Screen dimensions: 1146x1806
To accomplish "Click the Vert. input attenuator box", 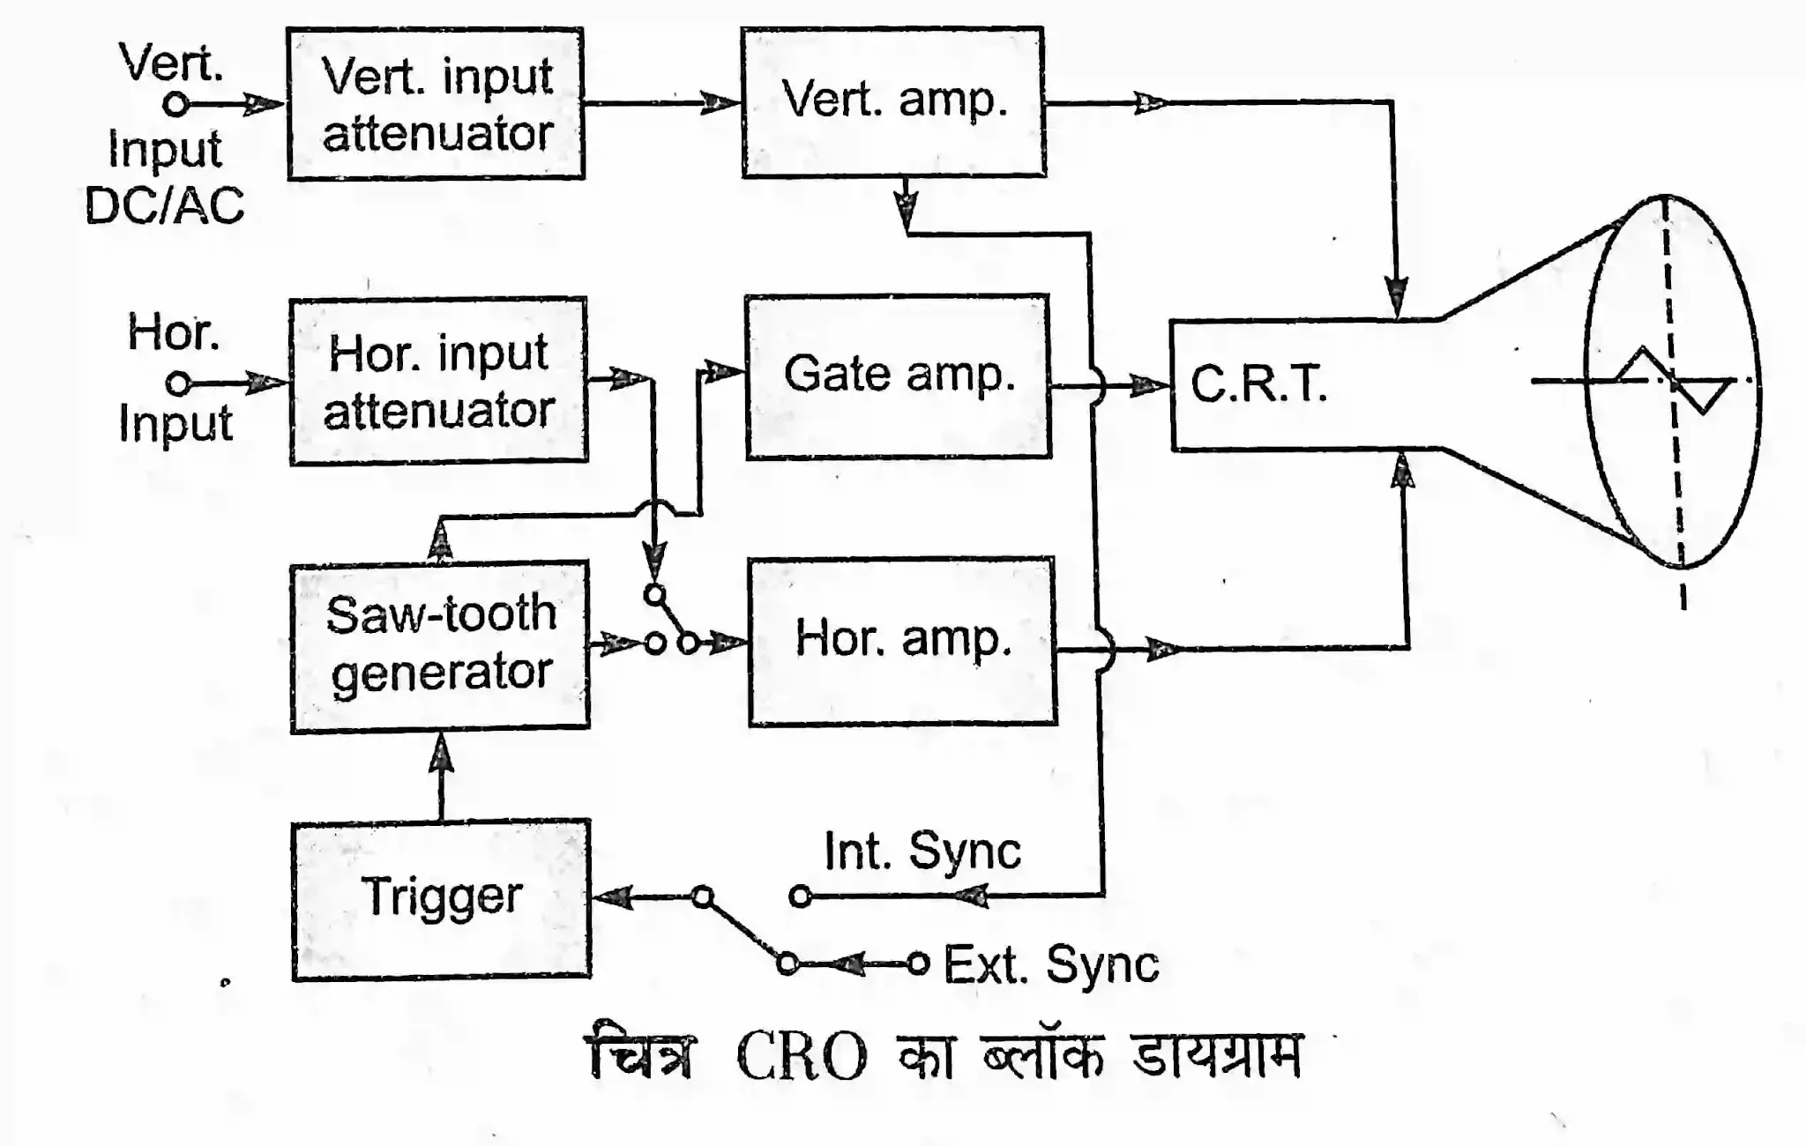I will pyautogui.click(x=436, y=104).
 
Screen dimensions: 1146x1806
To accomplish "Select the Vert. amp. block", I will pyautogui.click(x=893, y=102).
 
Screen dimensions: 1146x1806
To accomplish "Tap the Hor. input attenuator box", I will pyautogui.click(x=438, y=381).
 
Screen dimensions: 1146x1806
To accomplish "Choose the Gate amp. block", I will pyautogui.click(x=898, y=376).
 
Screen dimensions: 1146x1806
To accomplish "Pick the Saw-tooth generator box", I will pyautogui.click(x=440, y=646).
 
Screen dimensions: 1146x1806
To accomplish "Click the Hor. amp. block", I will pyautogui.click(x=902, y=641).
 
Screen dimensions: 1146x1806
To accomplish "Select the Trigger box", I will pyautogui.click(x=441, y=899).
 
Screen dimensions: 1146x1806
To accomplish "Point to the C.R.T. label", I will pyautogui.click(x=1258, y=384).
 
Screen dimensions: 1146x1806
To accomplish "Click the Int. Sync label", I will pyautogui.click(x=922, y=852).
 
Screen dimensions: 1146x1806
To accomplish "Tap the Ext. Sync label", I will pyautogui.click(x=1051, y=964).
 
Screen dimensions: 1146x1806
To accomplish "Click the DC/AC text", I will pyautogui.click(x=164, y=206).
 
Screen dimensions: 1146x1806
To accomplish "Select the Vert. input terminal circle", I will pyautogui.click(x=176, y=104).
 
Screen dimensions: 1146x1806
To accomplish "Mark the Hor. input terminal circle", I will pyautogui.click(x=178, y=383).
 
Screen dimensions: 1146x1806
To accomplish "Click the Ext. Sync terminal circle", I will pyautogui.click(x=918, y=964).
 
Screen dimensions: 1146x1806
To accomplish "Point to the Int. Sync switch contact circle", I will pyautogui.click(x=801, y=897).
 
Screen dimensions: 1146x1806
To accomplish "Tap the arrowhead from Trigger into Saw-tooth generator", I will pyautogui.click(x=441, y=754).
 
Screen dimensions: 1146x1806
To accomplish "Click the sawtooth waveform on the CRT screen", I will pyautogui.click(x=1670, y=381).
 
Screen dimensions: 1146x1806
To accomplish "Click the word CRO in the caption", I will pyautogui.click(x=801, y=1057).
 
